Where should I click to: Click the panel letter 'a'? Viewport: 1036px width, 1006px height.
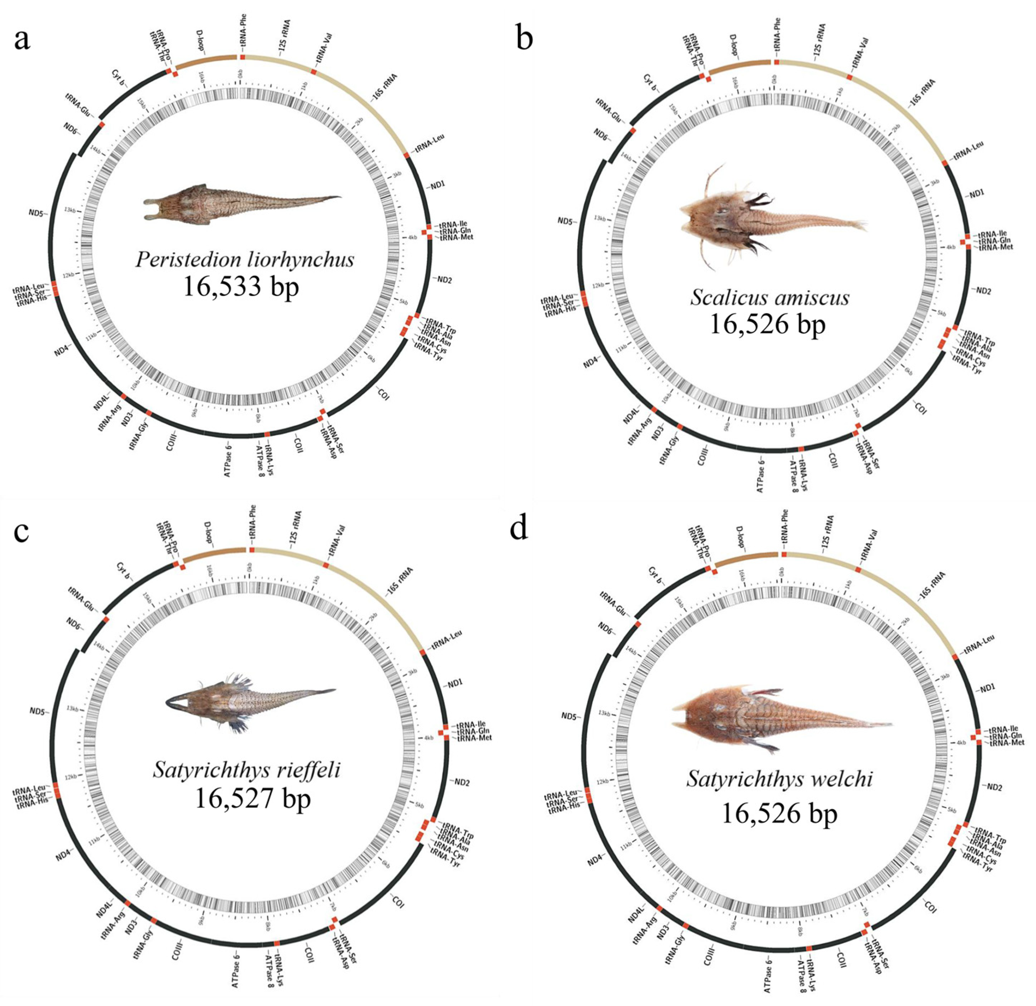[x=22, y=40]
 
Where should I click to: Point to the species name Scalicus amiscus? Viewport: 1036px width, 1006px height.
[x=770, y=298]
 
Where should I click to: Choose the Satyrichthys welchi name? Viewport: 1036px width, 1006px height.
[x=780, y=779]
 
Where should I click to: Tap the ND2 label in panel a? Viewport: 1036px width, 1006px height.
[x=442, y=280]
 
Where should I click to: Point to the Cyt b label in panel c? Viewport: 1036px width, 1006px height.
[x=123, y=570]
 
